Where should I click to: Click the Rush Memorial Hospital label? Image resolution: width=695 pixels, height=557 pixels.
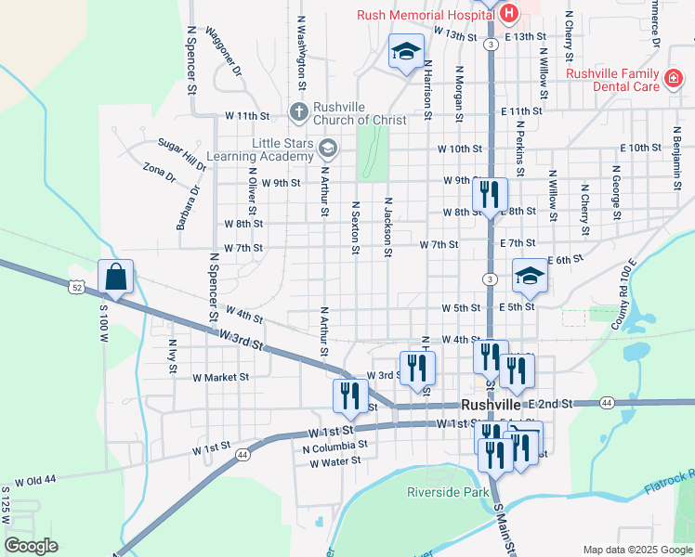pyautogui.click(x=426, y=14)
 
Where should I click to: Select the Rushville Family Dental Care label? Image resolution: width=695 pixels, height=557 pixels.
pyautogui.click(x=612, y=80)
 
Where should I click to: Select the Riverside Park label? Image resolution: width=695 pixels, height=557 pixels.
pyautogui.click(x=448, y=492)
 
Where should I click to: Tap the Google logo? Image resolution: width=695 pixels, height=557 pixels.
pyautogui.click(x=31, y=546)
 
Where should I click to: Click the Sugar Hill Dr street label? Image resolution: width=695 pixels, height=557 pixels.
pyautogui.click(x=181, y=153)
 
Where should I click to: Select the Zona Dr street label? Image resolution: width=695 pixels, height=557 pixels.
pyautogui.click(x=159, y=173)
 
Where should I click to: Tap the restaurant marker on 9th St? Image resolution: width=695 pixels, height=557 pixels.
pyautogui.click(x=489, y=194)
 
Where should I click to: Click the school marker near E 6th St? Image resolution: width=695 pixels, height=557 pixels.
pyautogui.click(x=530, y=275)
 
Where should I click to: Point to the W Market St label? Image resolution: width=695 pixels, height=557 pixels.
pyautogui.click(x=220, y=378)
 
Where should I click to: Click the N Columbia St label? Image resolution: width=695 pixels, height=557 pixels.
pyautogui.click(x=335, y=447)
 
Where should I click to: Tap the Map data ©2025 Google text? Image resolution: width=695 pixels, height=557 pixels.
pyautogui.click(x=637, y=550)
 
